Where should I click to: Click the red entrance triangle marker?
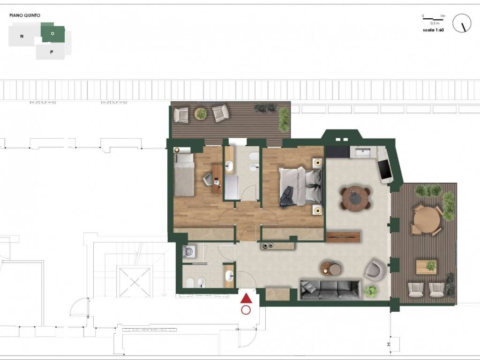pyautogui.click(x=246, y=299)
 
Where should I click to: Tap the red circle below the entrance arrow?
pyautogui.click(x=246, y=310)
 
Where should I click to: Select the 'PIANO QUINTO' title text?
pyautogui.click(x=25, y=15)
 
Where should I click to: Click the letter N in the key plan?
pyautogui.click(x=22, y=36)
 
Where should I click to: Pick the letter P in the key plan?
pyautogui.click(x=52, y=52)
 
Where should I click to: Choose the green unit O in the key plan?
pyautogui.click(x=52, y=32)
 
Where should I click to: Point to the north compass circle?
pyautogui.click(x=462, y=23)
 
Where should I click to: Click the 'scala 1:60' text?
pyautogui.click(x=433, y=30)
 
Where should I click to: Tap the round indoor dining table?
pyautogui.click(x=355, y=198)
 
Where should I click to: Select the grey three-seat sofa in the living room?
pyautogui.click(x=330, y=289)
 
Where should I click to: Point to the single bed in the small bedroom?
pyautogui.click(x=184, y=175)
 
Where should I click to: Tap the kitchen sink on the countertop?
pyautogui.click(x=363, y=152)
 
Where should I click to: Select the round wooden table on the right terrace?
pyautogui.click(x=427, y=220)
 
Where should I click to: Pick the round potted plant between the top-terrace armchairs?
pyautogui.click(x=201, y=114)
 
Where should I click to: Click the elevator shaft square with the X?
pyautogui.click(x=135, y=282)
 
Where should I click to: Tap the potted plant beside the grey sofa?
pyautogui.click(x=371, y=291)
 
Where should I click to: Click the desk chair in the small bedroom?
pyautogui.click(x=208, y=179)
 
